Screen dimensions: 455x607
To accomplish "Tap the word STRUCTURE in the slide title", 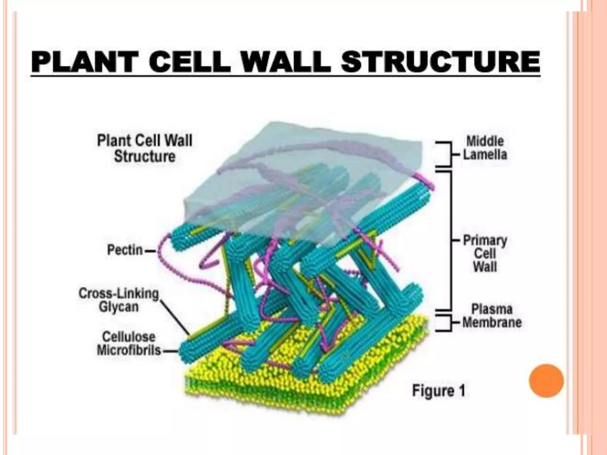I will pyautogui.click(x=440, y=62).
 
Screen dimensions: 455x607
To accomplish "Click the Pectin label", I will pyautogui.click(x=125, y=250).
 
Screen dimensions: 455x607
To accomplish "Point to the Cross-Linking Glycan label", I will pyautogui.click(x=119, y=300).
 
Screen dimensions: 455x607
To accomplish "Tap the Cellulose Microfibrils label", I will pyautogui.click(x=129, y=344).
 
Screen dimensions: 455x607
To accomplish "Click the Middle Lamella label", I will pyautogui.click(x=485, y=148).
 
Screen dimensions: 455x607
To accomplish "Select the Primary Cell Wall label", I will pyautogui.click(x=485, y=253).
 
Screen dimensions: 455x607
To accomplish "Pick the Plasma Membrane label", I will pyautogui.click(x=492, y=316).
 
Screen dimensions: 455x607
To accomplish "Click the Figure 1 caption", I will pyautogui.click(x=439, y=391).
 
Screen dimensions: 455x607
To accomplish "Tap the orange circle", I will pyautogui.click(x=546, y=381).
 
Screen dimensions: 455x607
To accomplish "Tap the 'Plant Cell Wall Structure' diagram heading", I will pyautogui.click(x=145, y=148).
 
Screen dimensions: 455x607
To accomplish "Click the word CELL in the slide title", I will pyautogui.click(x=190, y=62).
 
